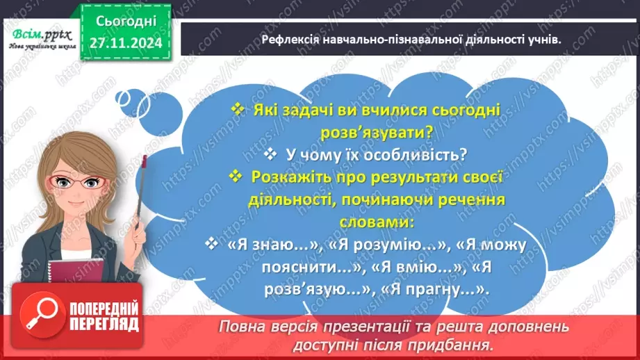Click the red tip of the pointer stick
tap(145, 161)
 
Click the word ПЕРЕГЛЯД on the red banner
tap(105, 325)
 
